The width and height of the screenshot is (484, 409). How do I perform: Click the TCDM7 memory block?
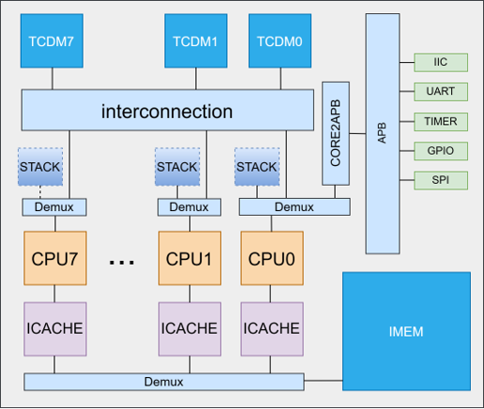pyautogui.click(x=53, y=42)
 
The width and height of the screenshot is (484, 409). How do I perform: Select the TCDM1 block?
pyautogui.click(x=195, y=42)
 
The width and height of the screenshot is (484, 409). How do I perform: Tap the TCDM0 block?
pyautogui.click(x=274, y=42)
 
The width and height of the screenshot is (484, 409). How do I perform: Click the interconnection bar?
pyautogui.click(x=167, y=112)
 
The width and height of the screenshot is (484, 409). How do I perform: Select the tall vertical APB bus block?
pyautogui.click(x=382, y=134)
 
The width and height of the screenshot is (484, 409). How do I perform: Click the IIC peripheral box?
pyautogui.click(x=440, y=63)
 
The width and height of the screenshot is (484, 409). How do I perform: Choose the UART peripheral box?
pyautogui.click(x=440, y=92)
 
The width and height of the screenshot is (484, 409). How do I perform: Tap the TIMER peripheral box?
pyautogui.click(x=440, y=121)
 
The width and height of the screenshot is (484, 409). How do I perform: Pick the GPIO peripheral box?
pyautogui.click(x=440, y=150)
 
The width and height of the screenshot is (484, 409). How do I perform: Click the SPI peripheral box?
pyautogui.click(x=440, y=179)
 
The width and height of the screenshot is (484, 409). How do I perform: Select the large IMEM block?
pyautogui.click(x=405, y=332)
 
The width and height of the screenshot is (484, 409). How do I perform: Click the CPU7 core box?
pyautogui.click(x=53, y=257)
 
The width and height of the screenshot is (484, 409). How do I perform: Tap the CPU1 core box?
pyautogui.click(x=190, y=257)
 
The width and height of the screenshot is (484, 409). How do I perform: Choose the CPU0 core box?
pyautogui.click(x=271, y=257)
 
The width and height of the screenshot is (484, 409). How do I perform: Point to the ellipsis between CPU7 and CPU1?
pyautogui.click(x=122, y=263)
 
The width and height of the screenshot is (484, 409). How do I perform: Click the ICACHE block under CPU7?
pyautogui.click(x=53, y=328)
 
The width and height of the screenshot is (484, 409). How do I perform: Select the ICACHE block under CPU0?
pyautogui.click(x=271, y=328)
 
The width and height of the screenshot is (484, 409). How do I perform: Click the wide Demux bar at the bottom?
pyautogui.click(x=164, y=382)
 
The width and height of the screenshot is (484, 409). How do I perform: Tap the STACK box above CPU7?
pyautogui.click(x=40, y=167)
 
